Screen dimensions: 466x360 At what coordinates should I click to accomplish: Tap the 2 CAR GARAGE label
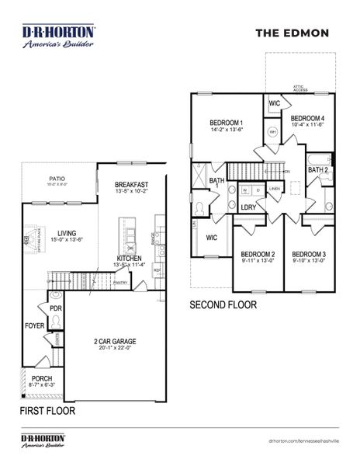[115, 342]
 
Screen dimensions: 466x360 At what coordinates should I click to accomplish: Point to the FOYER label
[34, 326]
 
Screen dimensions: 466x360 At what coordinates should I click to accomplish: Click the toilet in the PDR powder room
[55, 296]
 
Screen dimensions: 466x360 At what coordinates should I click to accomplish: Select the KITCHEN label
[130, 258]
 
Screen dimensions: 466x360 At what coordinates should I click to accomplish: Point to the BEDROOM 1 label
[227, 123]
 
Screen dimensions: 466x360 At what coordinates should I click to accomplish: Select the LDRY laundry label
[248, 207]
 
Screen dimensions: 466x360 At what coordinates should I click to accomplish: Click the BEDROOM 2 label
[258, 254]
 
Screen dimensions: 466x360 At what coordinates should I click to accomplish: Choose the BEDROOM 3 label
[308, 254]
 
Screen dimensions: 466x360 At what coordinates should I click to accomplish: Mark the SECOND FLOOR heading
[223, 306]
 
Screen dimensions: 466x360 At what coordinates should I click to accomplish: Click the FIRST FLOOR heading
[48, 411]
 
